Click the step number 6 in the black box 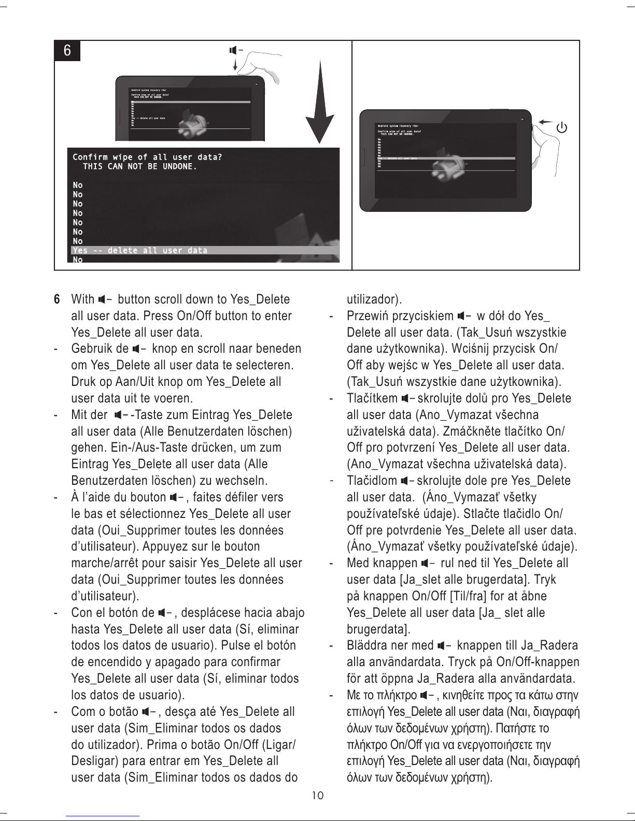tap(67, 51)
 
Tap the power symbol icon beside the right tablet tap(561, 127)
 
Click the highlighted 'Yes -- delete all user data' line tap(140, 251)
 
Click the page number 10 tap(318, 795)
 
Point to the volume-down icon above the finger tap(235, 50)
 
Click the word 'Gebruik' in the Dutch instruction tap(92, 349)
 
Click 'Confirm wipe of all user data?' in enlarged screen tap(147, 157)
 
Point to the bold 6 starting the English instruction tap(58, 299)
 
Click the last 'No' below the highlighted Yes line tap(78, 260)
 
